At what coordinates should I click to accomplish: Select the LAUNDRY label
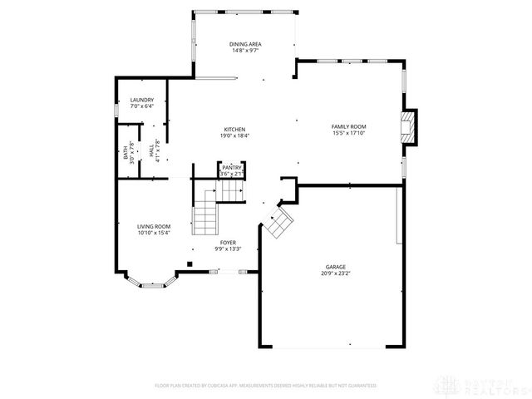(141, 100)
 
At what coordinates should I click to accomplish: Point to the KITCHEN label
(234, 129)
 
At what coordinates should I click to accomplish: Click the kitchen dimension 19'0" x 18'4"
(234, 135)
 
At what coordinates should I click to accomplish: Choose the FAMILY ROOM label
(349, 126)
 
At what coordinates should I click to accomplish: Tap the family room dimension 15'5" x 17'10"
(349, 133)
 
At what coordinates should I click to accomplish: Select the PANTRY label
(231, 167)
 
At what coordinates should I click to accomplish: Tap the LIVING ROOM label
(154, 226)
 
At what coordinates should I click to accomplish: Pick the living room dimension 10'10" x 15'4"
(154, 233)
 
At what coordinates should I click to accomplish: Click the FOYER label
(228, 242)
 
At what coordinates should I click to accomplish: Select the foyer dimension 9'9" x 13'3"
(228, 249)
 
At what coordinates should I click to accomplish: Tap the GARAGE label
(336, 267)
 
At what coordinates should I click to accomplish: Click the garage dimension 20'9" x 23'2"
(336, 273)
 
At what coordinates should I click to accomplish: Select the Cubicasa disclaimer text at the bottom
(265, 386)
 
